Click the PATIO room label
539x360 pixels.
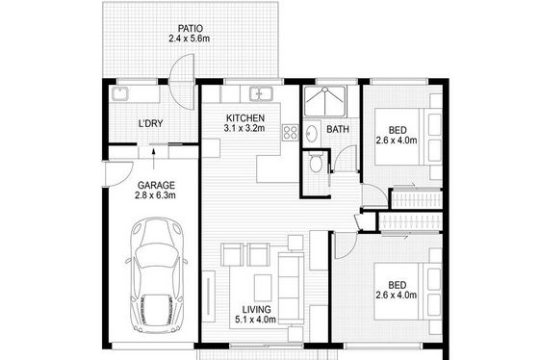click(x=190, y=28)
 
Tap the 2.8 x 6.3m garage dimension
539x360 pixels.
click(x=155, y=195)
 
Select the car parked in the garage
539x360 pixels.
click(x=156, y=275)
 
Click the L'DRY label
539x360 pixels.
click(x=150, y=123)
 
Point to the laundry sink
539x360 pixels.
click(x=120, y=94)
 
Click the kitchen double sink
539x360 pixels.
click(x=261, y=94)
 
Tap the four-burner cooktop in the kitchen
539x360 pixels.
click(x=291, y=133)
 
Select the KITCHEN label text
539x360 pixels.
click(x=245, y=118)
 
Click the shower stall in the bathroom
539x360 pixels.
click(x=325, y=101)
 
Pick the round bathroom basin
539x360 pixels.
click(x=312, y=133)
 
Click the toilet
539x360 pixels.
click(x=315, y=162)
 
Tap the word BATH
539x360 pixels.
click(x=338, y=129)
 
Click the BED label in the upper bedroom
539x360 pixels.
click(x=398, y=130)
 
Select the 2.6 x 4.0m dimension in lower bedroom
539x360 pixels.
click(x=396, y=295)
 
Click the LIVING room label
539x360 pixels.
click(x=256, y=309)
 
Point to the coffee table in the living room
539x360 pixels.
click(x=263, y=288)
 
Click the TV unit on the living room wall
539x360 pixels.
click(x=208, y=296)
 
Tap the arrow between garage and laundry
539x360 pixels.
click(x=153, y=159)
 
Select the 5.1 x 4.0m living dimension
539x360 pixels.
click(x=255, y=320)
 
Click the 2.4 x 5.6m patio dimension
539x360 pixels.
click(x=189, y=39)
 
